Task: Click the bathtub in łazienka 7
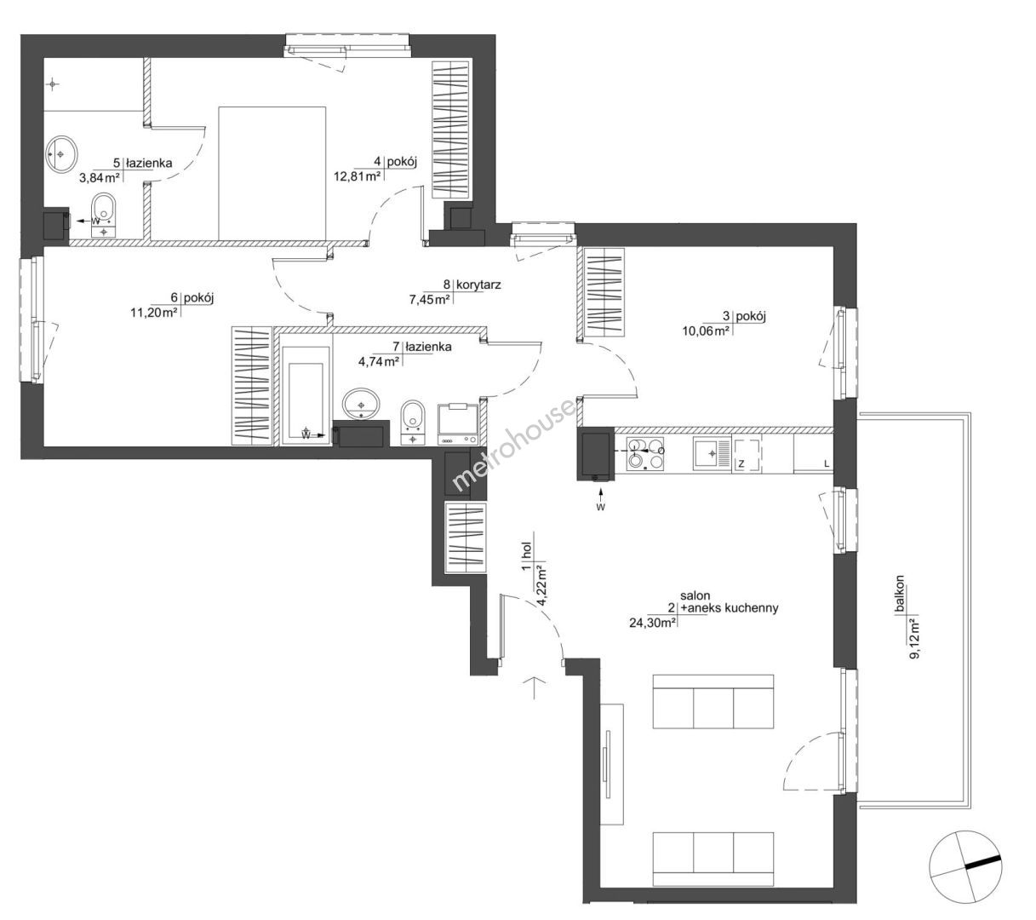coord(306,392)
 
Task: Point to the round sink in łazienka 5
coord(61,153)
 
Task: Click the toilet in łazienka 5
coord(104,215)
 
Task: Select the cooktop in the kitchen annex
coord(644,454)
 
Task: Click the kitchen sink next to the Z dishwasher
coord(712,453)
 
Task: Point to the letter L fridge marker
coord(827,464)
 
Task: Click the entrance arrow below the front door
coord(535,687)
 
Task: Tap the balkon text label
coord(900,594)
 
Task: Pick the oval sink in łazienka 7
coord(361,403)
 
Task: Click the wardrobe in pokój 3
coord(604,292)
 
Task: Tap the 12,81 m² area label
coord(357,176)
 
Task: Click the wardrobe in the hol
coord(466,538)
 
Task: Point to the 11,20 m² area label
coord(154,312)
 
